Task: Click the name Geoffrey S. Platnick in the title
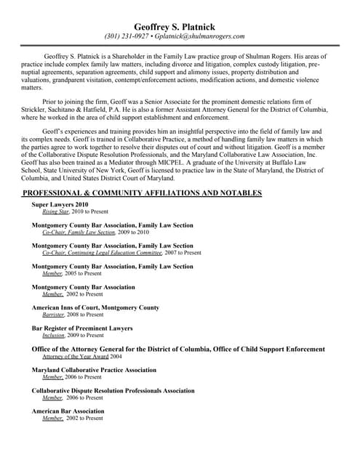click(x=179, y=27)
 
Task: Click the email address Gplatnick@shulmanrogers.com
click(x=203, y=36)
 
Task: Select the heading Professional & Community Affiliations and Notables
click(x=142, y=193)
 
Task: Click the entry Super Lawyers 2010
click(x=60, y=205)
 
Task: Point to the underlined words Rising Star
click(x=55, y=212)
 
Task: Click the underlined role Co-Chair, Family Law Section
click(x=79, y=232)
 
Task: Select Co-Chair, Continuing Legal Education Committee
click(x=101, y=253)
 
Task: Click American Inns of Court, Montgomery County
click(x=95, y=308)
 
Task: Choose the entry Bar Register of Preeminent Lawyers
click(x=82, y=328)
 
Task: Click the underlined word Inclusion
click(x=54, y=336)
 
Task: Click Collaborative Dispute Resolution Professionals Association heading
click(x=113, y=391)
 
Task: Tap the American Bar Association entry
click(x=68, y=411)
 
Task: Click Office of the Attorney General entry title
click(x=178, y=349)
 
